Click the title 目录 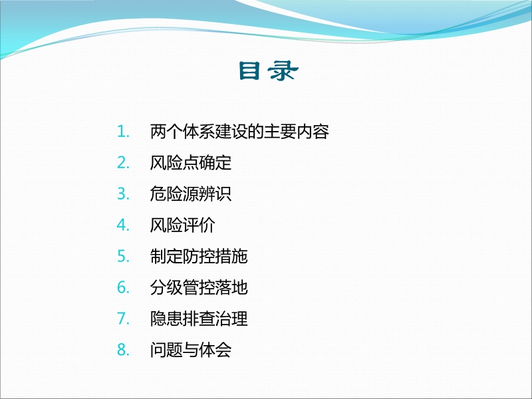266,72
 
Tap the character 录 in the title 283,72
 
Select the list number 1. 122,132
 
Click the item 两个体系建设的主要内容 240,132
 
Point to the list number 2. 122,163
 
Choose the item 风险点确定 191,163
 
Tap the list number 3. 122,194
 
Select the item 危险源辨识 191,194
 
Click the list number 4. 122,225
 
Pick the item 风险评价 183,225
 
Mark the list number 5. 122,257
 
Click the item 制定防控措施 199,257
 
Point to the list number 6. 122,288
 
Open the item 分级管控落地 199,288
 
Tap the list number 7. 122,319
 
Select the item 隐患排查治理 199,319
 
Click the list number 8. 122,350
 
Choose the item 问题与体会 191,350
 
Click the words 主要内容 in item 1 297,132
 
